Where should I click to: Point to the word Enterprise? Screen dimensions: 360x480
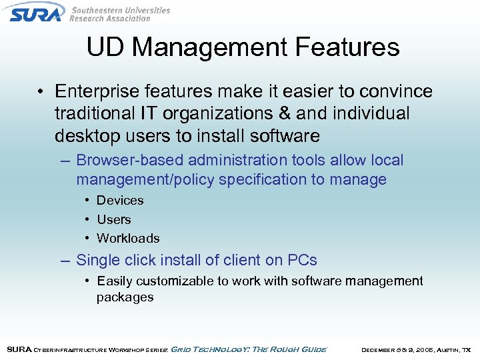95,91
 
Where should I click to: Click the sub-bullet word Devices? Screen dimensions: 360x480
120,200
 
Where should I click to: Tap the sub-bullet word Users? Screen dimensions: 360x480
114,219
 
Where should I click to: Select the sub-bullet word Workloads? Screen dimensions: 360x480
128,238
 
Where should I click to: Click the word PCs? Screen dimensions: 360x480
302,260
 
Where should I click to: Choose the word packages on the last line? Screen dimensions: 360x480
125,297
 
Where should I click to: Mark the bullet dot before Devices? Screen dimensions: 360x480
87,201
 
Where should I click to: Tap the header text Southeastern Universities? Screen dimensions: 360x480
120,10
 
